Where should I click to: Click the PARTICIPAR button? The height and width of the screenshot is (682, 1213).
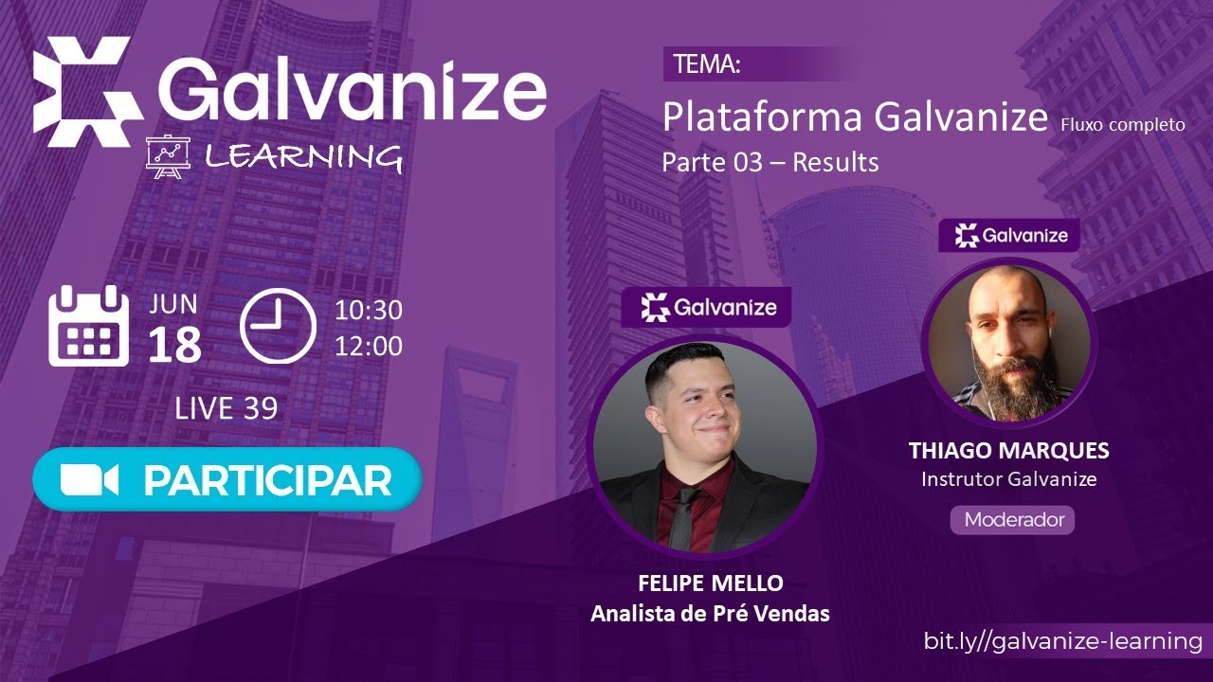(x=227, y=480)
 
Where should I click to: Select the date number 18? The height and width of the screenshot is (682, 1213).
(x=174, y=346)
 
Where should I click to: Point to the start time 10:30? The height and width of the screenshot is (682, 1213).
(x=368, y=310)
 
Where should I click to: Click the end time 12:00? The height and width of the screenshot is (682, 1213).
(x=368, y=346)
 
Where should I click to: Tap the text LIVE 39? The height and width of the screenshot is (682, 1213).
(x=226, y=408)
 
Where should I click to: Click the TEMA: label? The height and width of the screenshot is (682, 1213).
(x=706, y=64)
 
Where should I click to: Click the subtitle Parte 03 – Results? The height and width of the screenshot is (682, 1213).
(x=769, y=162)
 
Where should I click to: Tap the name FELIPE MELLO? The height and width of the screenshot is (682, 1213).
(x=711, y=583)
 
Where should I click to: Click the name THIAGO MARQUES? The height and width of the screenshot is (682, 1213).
(x=1008, y=451)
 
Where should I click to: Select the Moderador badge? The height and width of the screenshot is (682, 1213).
(x=1013, y=519)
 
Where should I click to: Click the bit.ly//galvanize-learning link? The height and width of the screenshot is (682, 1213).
(x=1063, y=640)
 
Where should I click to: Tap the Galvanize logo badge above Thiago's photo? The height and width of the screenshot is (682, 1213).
(x=1009, y=236)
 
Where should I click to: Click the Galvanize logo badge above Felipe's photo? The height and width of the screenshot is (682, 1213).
(x=706, y=307)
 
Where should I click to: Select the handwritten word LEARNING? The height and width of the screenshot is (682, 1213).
(x=303, y=156)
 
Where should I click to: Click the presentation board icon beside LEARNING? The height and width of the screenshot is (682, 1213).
(x=169, y=156)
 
